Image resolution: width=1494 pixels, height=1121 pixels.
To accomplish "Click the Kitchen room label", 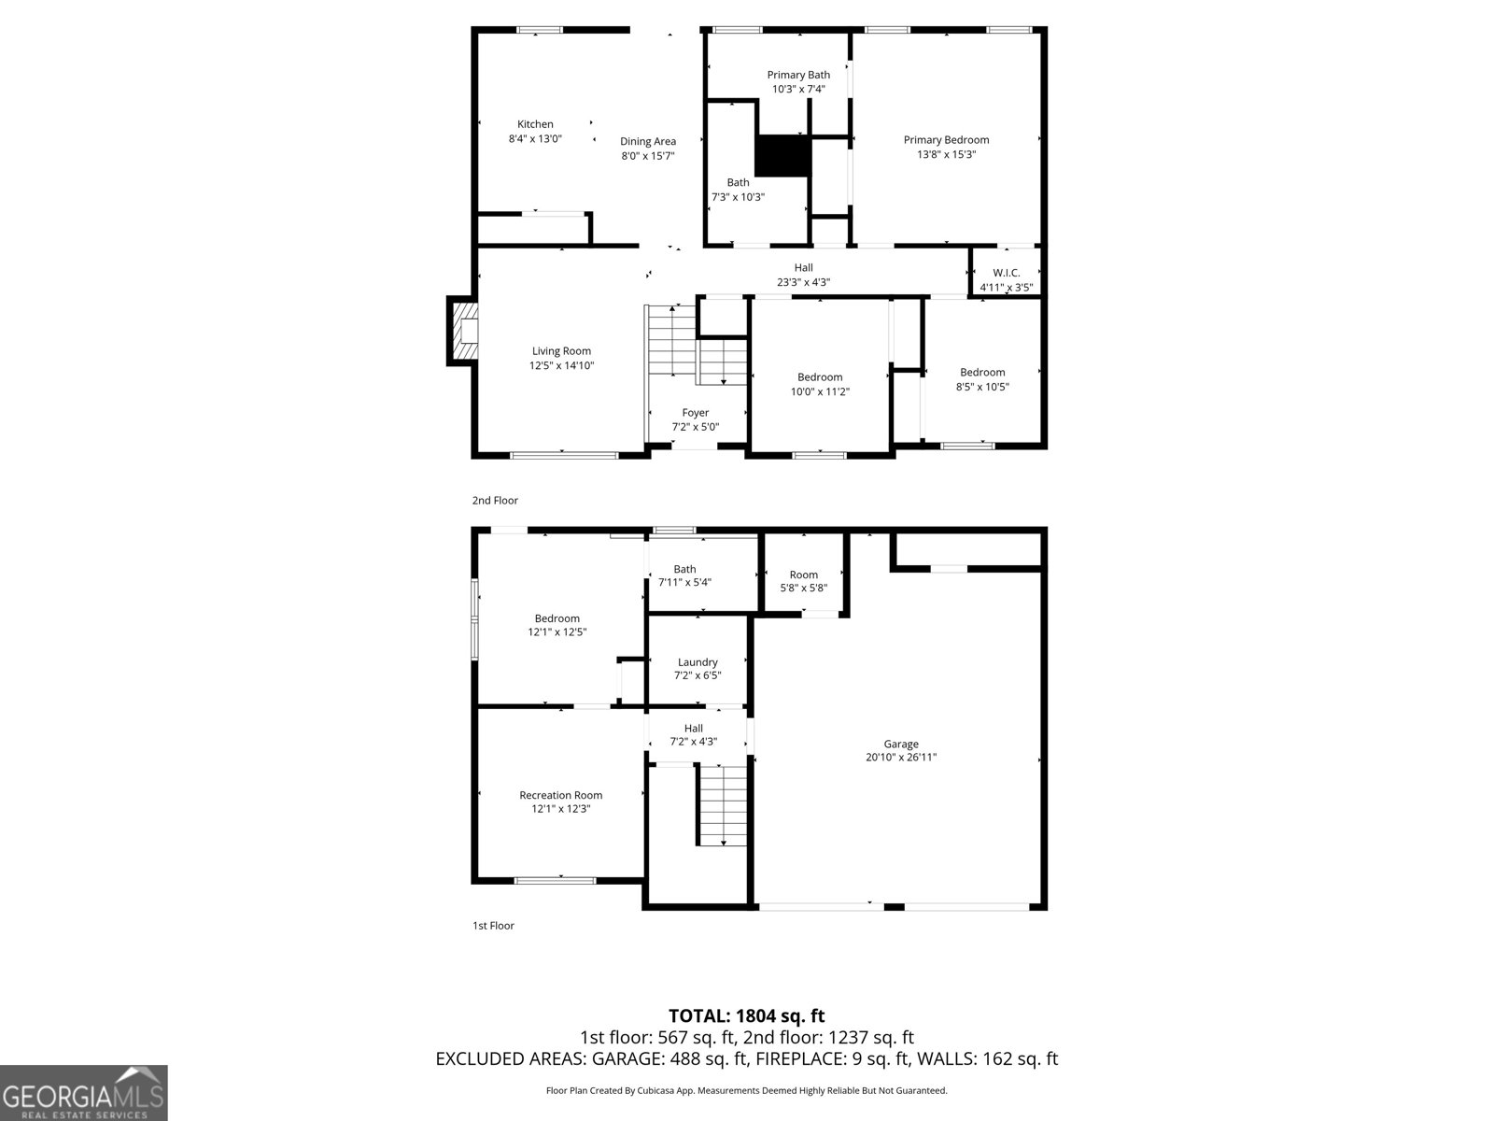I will [535, 124].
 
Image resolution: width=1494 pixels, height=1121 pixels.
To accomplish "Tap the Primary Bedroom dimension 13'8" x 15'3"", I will [946, 155].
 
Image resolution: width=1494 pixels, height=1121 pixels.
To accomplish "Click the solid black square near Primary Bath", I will [783, 156].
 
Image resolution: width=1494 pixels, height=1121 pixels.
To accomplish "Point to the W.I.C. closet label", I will [1006, 273].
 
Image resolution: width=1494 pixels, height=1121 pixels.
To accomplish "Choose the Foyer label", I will [695, 413].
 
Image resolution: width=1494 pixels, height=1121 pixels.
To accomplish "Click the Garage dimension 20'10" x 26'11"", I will [900, 758].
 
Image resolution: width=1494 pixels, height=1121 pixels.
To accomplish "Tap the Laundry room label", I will [698, 662].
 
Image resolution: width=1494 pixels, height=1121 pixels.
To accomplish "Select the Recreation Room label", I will [560, 795].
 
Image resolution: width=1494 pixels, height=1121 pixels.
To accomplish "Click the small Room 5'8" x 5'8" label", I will [803, 575].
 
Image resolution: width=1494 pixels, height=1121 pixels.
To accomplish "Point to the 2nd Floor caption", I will [495, 501].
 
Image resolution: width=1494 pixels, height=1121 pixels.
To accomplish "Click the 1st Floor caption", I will [493, 926].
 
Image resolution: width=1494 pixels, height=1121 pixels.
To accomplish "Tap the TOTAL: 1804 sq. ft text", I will [746, 1015].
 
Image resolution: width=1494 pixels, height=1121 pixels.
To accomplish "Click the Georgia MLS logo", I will [84, 1093].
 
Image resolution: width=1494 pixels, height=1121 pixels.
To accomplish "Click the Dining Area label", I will [648, 142].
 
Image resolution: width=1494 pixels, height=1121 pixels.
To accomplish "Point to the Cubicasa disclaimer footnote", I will [746, 1090].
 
